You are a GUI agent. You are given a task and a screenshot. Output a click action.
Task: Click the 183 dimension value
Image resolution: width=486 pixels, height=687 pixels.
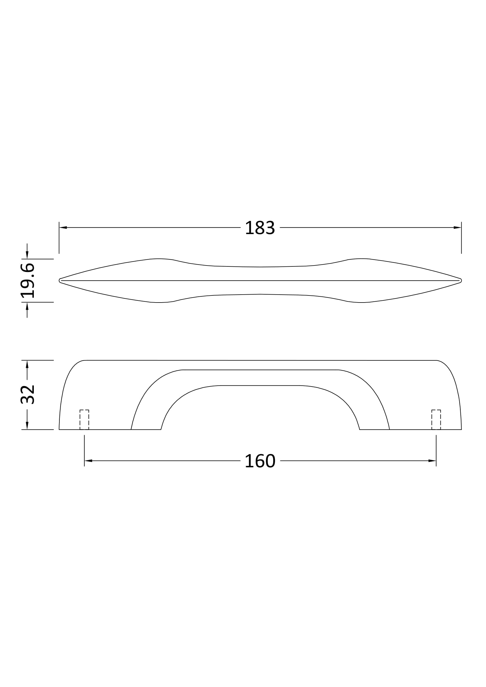tap(260, 228)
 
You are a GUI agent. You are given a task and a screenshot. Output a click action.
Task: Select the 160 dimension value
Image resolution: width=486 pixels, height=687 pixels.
tap(260, 461)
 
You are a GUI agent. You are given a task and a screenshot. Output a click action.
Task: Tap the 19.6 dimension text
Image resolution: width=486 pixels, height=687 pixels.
tap(28, 281)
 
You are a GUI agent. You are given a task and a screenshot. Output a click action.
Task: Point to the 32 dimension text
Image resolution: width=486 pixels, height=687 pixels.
tap(28, 395)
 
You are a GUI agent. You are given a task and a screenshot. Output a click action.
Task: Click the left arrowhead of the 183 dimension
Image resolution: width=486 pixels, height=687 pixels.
tap(63, 228)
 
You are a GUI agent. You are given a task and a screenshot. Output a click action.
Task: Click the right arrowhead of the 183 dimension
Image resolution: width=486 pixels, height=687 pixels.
tap(457, 228)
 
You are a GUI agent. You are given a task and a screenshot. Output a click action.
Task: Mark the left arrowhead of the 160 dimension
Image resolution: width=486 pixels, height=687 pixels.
tap(88, 461)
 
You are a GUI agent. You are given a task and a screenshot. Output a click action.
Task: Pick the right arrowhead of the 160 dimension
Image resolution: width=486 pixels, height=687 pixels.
tap(432, 461)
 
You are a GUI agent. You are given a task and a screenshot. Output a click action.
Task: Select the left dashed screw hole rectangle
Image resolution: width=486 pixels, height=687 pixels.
tap(84, 419)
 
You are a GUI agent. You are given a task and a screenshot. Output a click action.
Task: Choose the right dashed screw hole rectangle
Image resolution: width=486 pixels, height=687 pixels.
tap(436, 419)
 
